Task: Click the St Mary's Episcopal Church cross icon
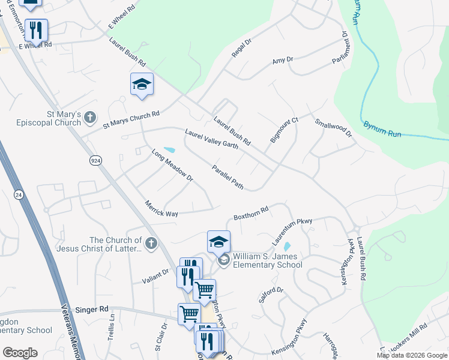point(91,117)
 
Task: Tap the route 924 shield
point(96,161)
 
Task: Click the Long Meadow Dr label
point(172,166)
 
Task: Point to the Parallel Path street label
point(228,178)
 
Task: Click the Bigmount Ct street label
point(284,130)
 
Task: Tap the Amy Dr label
point(282,60)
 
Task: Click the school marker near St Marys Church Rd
point(142,84)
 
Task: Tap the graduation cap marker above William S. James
point(219,242)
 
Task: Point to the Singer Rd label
point(92,310)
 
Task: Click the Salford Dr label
point(271,295)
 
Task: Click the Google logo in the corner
point(20,353)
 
